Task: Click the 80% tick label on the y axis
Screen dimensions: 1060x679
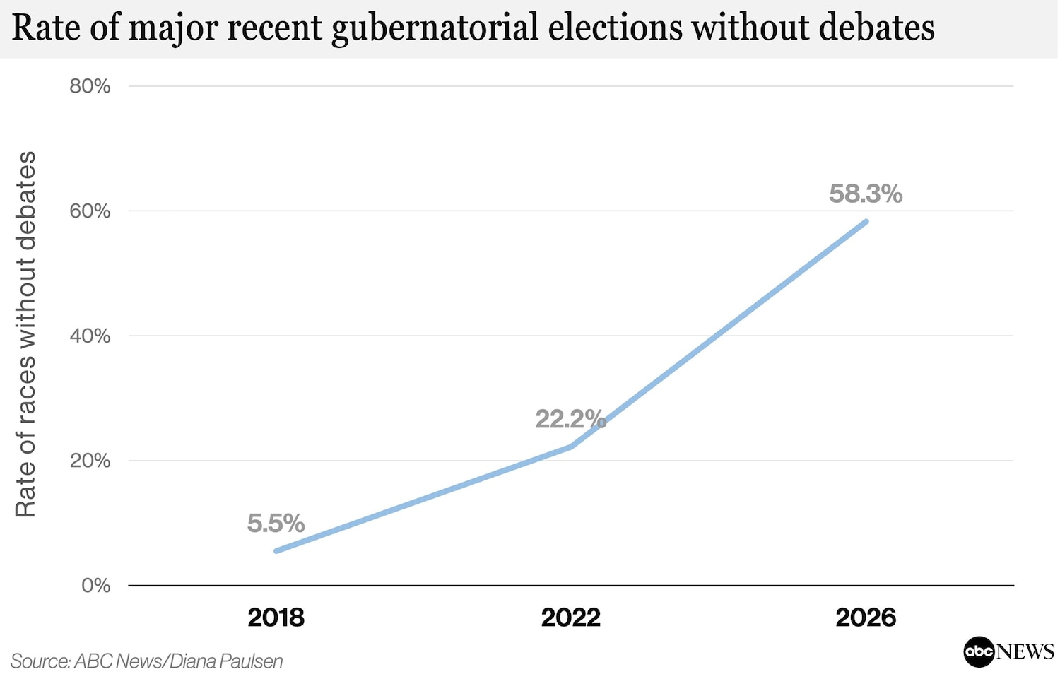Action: pyautogui.click(x=90, y=87)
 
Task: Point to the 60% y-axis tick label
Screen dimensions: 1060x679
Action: pyautogui.click(x=90, y=211)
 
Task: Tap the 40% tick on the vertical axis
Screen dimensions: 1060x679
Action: pyautogui.click(x=90, y=336)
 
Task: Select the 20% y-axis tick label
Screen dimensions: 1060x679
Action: pyautogui.click(x=90, y=461)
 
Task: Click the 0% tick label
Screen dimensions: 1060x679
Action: pyautogui.click(x=96, y=586)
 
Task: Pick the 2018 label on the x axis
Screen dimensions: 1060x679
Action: pyautogui.click(x=276, y=618)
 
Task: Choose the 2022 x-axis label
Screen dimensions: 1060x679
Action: pyautogui.click(x=571, y=618)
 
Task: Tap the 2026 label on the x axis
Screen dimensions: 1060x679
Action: pyautogui.click(x=866, y=618)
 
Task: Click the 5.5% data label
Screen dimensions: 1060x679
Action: pyautogui.click(x=276, y=524)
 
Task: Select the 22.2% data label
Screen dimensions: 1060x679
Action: pyautogui.click(x=571, y=419)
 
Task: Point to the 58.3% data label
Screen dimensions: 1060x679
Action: pyautogui.click(x=866, y=194)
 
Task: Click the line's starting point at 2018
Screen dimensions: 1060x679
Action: pyautogui.click(x=276, y=551)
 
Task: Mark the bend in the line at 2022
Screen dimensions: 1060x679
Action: pyautogui.click(x=571, y=447)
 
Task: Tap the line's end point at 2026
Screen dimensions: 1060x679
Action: pyautogui.click(x=866, y=221)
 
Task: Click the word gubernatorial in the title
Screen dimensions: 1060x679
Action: pyautogui.click(x=435, y=28)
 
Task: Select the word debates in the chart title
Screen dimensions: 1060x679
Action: pyautogui.click(x=876, y=28)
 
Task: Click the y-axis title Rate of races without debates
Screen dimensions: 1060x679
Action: pyautogui.click(x=25, y=334)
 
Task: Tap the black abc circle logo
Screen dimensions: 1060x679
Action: pyautogui.click(x=979, y=651)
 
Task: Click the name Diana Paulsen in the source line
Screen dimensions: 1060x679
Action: pyautogui.click(x=225, y=661)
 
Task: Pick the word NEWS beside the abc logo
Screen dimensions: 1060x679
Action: pyautogui.click(x=1025, y=651)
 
